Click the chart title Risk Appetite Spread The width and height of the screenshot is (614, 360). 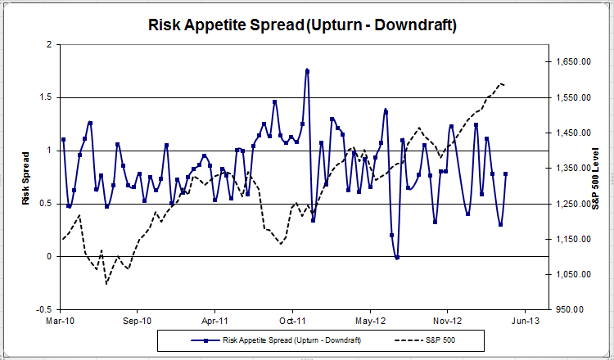302,25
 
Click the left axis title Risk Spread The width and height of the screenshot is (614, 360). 26,178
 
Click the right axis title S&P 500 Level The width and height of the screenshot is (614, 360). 596,178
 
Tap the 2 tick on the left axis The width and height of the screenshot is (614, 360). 50,44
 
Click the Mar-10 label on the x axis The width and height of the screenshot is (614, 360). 61,322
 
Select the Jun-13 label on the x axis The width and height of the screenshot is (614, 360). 525,322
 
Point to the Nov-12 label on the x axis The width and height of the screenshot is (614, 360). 448,322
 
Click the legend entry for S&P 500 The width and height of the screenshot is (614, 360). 443,339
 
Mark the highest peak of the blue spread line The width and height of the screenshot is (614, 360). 307,70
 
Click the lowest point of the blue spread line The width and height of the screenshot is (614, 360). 397,258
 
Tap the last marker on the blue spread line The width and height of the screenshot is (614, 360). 506,173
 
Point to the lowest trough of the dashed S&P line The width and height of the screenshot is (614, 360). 106,284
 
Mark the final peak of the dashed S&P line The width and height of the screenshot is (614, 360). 500,83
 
